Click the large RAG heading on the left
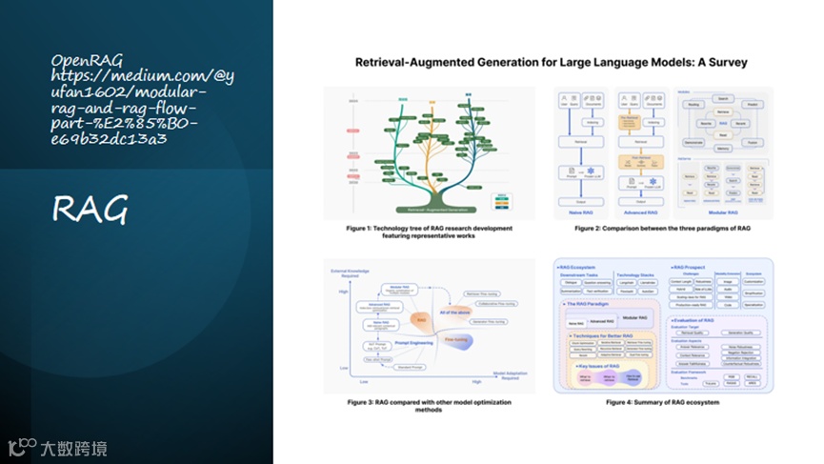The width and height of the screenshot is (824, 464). [x=90, y=209]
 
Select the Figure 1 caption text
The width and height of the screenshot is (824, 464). [x=429, y=232]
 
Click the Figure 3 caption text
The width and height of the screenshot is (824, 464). [x=429, y=407]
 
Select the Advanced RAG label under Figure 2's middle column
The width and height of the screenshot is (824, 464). [x=640, y=216]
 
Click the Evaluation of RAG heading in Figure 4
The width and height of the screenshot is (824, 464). [x=704, y=320]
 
